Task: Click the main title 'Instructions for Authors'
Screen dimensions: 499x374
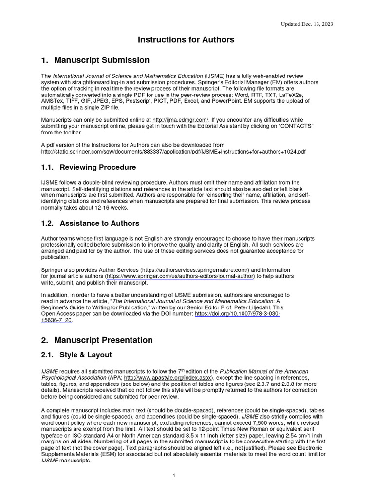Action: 187,39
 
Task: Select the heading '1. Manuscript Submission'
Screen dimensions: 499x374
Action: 95,60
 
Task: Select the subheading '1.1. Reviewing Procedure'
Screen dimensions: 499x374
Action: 89,167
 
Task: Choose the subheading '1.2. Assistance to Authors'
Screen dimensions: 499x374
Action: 90,223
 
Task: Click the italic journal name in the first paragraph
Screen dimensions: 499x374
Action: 128,76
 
